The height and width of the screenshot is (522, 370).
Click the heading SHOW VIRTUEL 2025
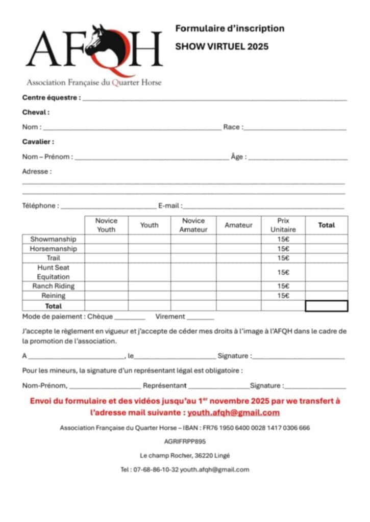pos(221,46)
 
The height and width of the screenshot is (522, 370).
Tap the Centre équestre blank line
pos(214,98)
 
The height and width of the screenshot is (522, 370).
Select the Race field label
pos(233,127)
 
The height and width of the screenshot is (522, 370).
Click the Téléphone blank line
pos(108,207)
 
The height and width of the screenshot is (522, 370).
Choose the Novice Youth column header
pos(106,225)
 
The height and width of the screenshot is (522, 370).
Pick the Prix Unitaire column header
pos(283,225)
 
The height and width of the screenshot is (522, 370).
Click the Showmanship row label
pos(53,239)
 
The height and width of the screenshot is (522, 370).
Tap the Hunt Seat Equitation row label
pos(53,272)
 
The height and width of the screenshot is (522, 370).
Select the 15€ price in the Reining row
pos(283,296)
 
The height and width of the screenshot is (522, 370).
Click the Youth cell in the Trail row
pos(149,258)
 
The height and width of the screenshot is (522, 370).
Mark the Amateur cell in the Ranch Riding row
pos(238,286)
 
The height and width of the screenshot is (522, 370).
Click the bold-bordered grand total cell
pos(326,306)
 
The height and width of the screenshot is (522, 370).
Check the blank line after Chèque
pos(130,318)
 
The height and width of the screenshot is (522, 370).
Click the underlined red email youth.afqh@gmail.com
pos(233,413)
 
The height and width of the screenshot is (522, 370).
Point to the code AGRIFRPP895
pos(185,441)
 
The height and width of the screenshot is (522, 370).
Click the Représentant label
pos(164,386)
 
